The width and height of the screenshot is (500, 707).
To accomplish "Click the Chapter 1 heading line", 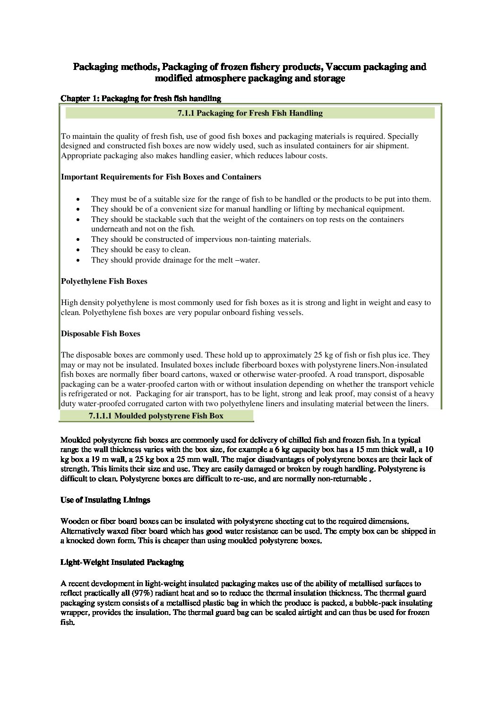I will (x=141, y=98).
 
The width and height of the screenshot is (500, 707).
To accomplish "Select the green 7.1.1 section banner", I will (x=250, y=113).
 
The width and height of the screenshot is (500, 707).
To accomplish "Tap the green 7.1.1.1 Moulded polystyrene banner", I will (x=156, y=416).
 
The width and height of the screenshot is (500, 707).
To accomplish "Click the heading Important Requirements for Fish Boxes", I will (x=161, y=177).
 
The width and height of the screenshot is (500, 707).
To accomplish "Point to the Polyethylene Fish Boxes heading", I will (x=104, y=281).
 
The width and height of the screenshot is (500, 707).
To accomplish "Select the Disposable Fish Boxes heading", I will (x=100, y=333).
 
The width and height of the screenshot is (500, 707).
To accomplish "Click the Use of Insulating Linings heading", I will (x=105, y=500).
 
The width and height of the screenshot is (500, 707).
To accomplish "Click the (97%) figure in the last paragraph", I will (x=142, y=593).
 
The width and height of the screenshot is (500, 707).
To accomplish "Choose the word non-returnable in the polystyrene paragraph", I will (x=342, y=479).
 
